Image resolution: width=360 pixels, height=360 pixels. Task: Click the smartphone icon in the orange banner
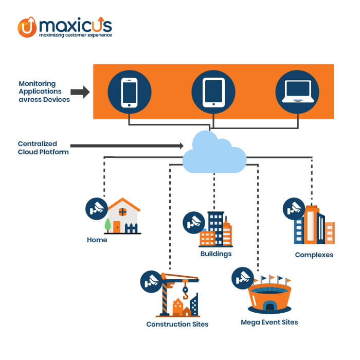pyautogui.click(x=129, y=93)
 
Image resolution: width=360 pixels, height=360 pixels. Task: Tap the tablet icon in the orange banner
pyautogui.click(x=213, y=92)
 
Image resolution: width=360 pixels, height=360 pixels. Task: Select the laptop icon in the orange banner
pyautogui.click(x=298, y=92)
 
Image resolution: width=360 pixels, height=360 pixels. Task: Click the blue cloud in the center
pyautogui.click(x=214, y=152)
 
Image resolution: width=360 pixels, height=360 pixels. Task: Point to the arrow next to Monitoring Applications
pyautogui.click(x=80, y=92)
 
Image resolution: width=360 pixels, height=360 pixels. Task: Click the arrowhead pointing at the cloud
pyautogui.click(x=182, y=146)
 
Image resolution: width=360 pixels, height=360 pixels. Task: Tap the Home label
pyautogui.click(x=97, y=240)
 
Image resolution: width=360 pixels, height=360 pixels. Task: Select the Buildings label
pyautogui.click(x=216, y=254)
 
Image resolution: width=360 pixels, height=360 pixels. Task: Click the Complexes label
pyautogui.click(x=314, y=255)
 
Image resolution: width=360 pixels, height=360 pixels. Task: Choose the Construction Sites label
pyautogui.click(x=177, y=324)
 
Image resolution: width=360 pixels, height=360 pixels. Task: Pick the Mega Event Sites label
pyautogui.click(x=269, y=322)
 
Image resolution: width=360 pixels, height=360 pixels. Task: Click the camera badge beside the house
pyautogui.click(x=97, y=209)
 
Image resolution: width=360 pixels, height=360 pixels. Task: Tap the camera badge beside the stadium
pyautogui.click(x=243, y=278)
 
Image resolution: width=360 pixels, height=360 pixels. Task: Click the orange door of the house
pyautogui.click(x=117, y=227)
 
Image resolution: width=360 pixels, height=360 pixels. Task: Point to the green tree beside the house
pyautogui.click(x=107, y=225)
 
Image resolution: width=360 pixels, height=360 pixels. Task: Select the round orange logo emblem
pyautogui.click(x=27, y=27)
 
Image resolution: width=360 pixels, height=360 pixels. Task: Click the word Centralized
pyautogui.click(x=37, y=143)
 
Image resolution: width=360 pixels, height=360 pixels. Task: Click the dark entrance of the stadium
pyautogui.click(x=270, y=307)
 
